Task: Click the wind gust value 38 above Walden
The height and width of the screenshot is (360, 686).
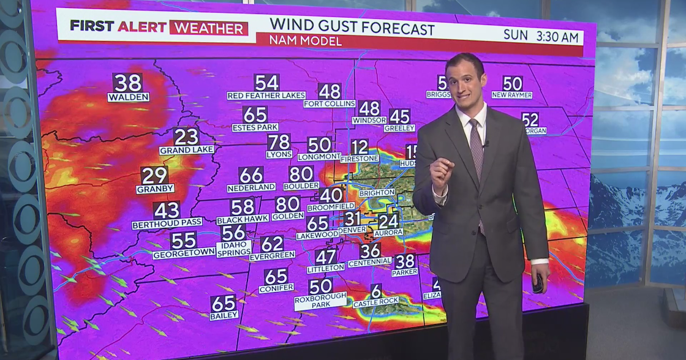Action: coord(127,83)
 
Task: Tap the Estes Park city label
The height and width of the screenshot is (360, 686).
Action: coord(255,128)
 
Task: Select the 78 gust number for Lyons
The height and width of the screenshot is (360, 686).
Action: coord(279,143)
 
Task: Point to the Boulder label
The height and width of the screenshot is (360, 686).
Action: coord(301,186)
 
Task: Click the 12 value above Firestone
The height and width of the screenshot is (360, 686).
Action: coord(360,147)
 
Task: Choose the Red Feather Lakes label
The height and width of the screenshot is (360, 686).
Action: coord(266,96)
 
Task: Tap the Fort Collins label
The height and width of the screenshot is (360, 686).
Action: coord(329,104)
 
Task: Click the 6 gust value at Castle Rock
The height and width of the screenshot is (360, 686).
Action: coord(376,291)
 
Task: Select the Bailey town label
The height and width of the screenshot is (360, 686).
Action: coord(224,316)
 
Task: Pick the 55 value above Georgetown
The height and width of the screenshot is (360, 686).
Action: coord(184,240)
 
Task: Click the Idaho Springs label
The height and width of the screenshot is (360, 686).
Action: coord(233,248)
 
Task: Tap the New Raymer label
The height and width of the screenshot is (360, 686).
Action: coord(511,96)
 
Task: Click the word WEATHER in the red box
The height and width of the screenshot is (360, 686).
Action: coord(209,28)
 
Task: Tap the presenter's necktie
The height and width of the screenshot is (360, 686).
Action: coord(477,150)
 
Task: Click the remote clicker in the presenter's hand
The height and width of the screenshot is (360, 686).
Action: coord(537,284)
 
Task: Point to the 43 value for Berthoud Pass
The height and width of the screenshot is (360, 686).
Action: coord(167,211)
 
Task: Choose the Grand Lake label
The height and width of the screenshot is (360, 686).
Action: coord(187,150)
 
